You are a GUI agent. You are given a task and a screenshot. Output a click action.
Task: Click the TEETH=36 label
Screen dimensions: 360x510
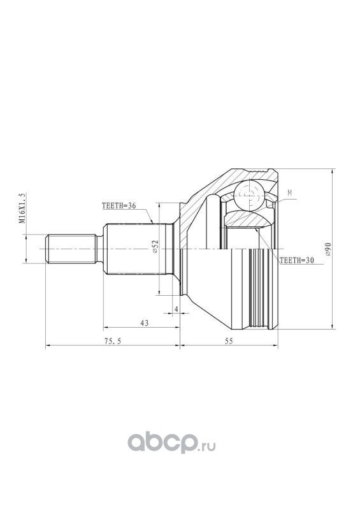point(119,206)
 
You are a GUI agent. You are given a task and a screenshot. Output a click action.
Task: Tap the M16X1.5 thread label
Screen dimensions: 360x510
point(22,208)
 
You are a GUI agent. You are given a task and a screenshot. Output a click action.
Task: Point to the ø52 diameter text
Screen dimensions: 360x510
point(155,247)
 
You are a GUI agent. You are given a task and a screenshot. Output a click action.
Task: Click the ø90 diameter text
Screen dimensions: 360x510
point(328,249)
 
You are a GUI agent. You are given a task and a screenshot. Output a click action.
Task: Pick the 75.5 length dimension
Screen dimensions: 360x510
point(113,341)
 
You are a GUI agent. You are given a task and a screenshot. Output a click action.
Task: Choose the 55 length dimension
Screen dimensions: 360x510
point(229,341)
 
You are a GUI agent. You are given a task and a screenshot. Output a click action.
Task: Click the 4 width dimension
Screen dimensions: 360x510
point(176,309)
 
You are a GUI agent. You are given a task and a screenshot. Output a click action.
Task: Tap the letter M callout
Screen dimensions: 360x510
point(289,193)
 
